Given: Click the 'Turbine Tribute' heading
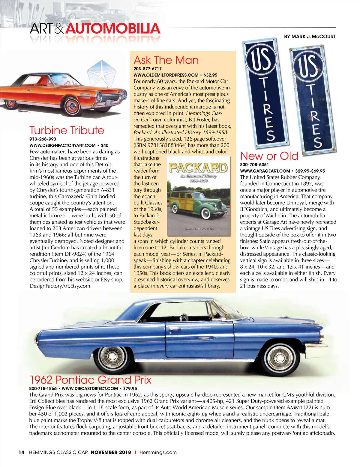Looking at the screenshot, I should pos(67,130).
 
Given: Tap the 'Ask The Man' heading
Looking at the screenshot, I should pos(166,60).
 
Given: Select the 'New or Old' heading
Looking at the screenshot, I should pos(269,156).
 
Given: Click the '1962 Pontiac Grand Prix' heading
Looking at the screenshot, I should pos(90,380).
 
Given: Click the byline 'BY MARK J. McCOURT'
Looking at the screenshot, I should pos(310,37).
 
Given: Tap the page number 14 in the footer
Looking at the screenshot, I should pos(21,452).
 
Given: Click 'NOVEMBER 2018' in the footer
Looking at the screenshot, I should pos(111,452).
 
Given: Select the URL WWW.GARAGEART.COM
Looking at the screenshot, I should pos(265,171).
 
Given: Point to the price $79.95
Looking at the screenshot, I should pos(130,388).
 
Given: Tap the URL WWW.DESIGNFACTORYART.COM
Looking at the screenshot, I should pos(62,145).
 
